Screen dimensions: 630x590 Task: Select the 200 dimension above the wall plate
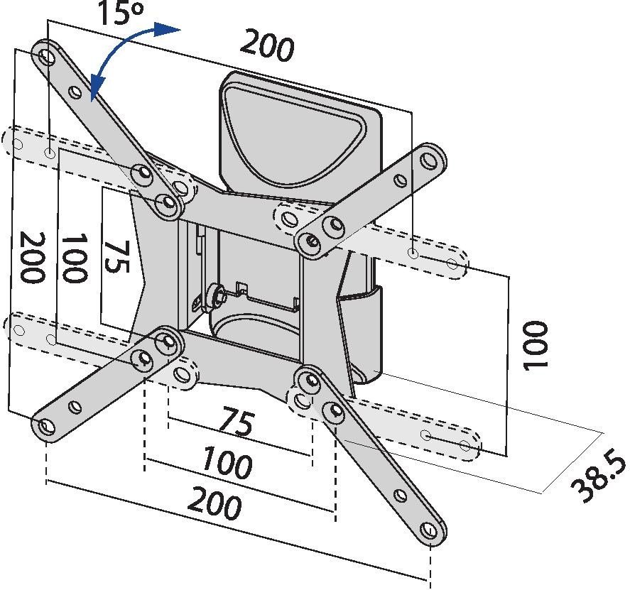click(267, 45)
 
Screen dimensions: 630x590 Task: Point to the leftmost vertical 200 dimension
click(33, 258)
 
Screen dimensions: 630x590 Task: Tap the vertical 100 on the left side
click(74, 258)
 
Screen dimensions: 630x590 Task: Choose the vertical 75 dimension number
click(116, 257)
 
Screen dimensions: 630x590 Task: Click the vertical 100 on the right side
click(536, 345)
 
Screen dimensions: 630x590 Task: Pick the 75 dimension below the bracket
click(238, 421)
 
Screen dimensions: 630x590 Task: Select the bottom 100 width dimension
click(227, 463)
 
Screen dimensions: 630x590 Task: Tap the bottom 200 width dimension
click(215, 503)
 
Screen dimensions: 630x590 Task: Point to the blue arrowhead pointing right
click(168, 29)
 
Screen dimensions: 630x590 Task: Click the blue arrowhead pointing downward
click(97, 87)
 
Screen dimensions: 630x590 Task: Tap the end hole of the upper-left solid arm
click(48, 56)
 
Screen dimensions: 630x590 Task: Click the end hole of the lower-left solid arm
click(47, 427)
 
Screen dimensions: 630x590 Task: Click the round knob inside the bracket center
click(217, 295)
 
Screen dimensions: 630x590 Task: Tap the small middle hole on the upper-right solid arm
click(400, 180)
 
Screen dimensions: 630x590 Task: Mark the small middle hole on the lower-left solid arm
click(75, 407)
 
